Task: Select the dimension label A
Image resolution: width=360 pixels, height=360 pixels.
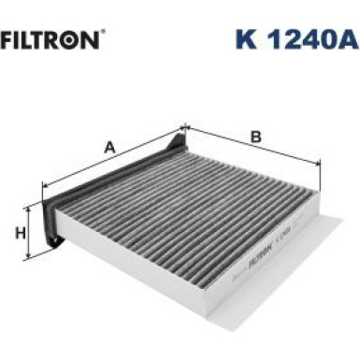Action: (x=109, y=147)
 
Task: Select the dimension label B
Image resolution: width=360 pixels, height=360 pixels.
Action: (x=254, y=137)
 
